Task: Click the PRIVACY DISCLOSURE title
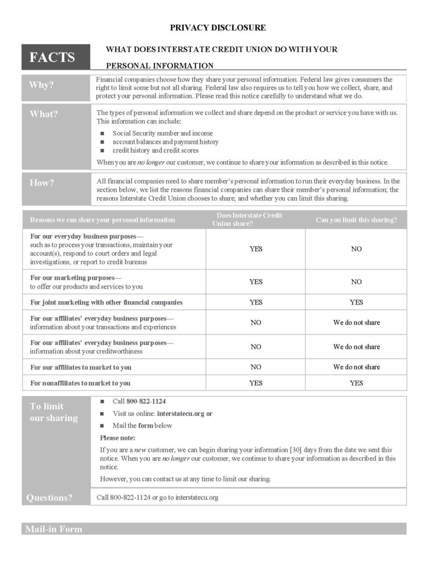coord(218,27)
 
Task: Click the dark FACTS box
coord(53,57)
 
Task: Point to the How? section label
coord(42,183)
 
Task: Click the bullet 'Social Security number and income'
coord(162,133)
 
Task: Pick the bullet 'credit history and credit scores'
coord(155,150)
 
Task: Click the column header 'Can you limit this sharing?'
coord(356,220)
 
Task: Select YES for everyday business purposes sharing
coord(255,249)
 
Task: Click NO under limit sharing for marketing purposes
coord(356,282)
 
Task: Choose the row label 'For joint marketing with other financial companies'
coord(106,302)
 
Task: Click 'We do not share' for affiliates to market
coord(356,367)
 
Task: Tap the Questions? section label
coord(49,497)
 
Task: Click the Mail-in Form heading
coord(53,529)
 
